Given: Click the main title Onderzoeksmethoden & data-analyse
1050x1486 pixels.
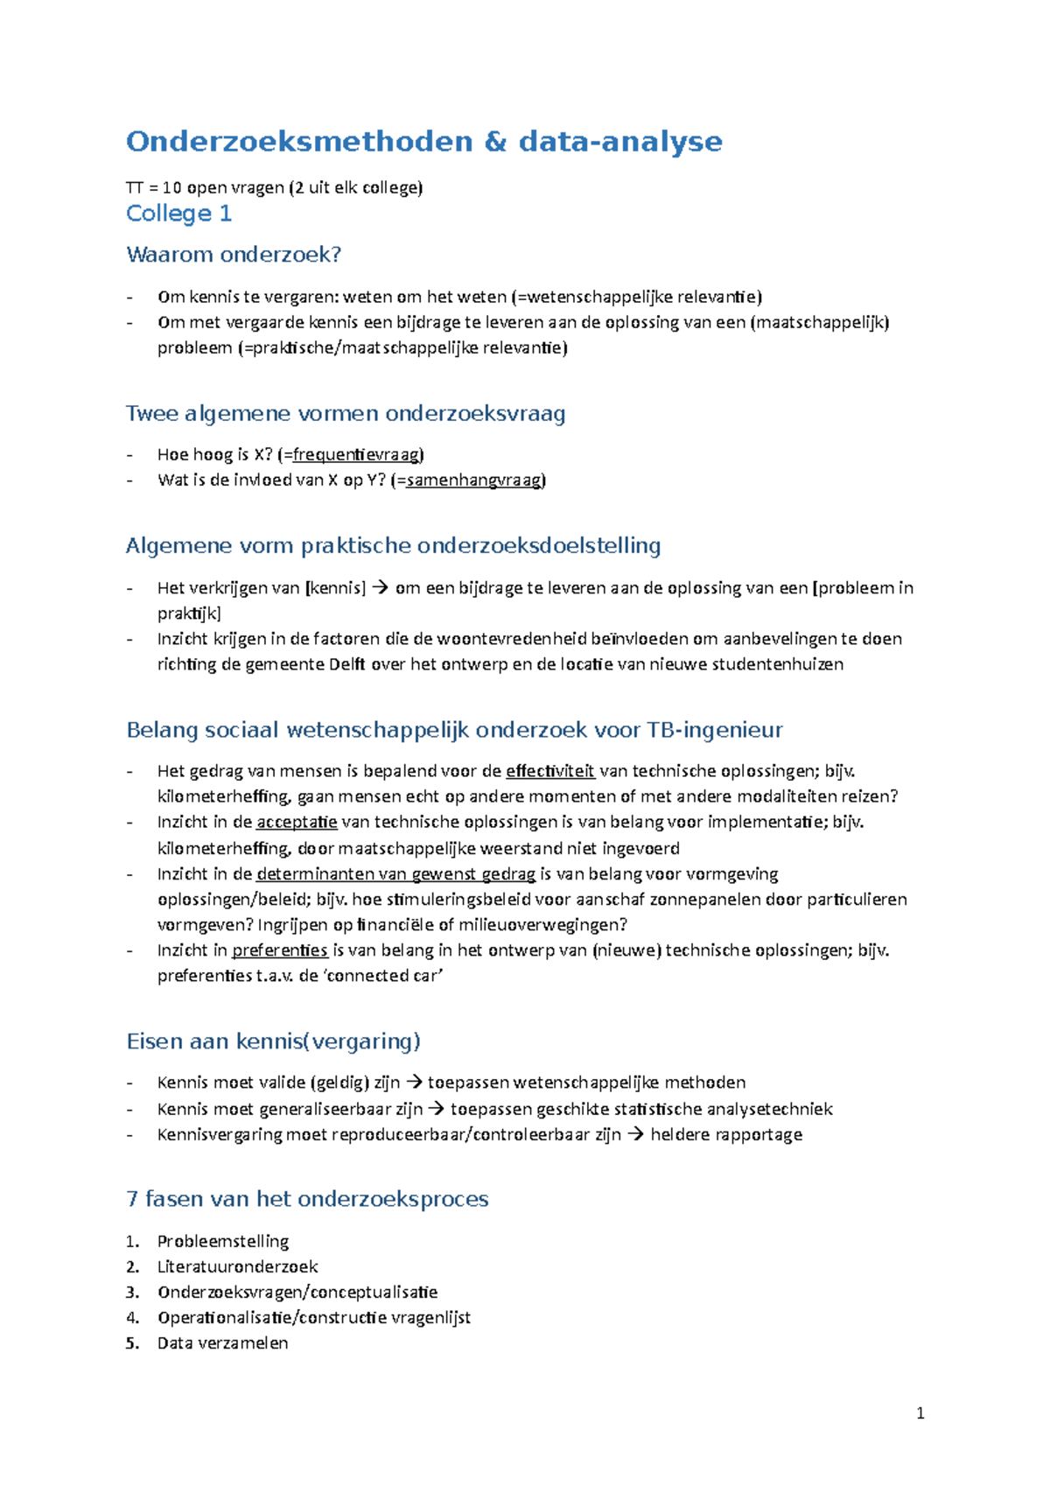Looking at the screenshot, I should click(423, 142).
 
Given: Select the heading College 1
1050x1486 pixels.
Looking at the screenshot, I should click(178, 214).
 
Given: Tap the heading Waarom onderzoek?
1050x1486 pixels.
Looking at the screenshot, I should click(234, 255).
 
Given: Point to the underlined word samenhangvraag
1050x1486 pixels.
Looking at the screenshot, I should click(473, 480).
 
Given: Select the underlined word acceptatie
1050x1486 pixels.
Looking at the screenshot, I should click(297, 822).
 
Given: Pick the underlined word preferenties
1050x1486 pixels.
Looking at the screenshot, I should click(279, 950).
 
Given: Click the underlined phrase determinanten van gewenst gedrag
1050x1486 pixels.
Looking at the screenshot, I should click(395, 873).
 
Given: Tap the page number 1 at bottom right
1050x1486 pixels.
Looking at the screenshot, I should click(920, 1413).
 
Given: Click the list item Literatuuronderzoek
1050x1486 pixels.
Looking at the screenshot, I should click(237, 1266).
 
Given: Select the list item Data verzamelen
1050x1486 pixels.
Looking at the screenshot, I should click(222, 1342).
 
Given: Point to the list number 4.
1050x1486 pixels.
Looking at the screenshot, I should click(132, 1317).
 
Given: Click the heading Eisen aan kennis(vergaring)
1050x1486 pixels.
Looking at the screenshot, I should click(273, 1041).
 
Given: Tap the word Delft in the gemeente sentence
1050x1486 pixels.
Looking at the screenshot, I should click(347, 664).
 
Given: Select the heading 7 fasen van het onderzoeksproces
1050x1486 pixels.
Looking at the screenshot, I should click(307, 1199).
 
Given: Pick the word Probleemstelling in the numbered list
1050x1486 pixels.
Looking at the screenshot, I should click(222, 1241).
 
